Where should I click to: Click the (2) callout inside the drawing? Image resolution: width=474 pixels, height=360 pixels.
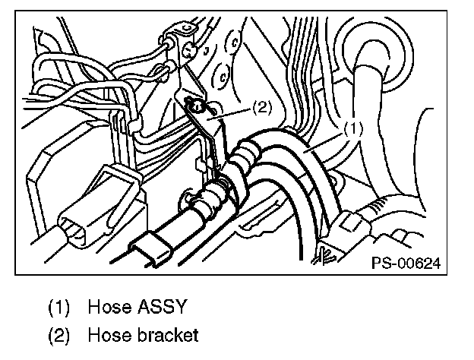[261, 108]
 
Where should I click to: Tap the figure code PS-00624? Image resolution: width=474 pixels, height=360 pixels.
[406, 263]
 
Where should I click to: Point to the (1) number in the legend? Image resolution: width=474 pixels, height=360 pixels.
[60, 308]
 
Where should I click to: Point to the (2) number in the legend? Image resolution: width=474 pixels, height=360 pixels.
[60, 335]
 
